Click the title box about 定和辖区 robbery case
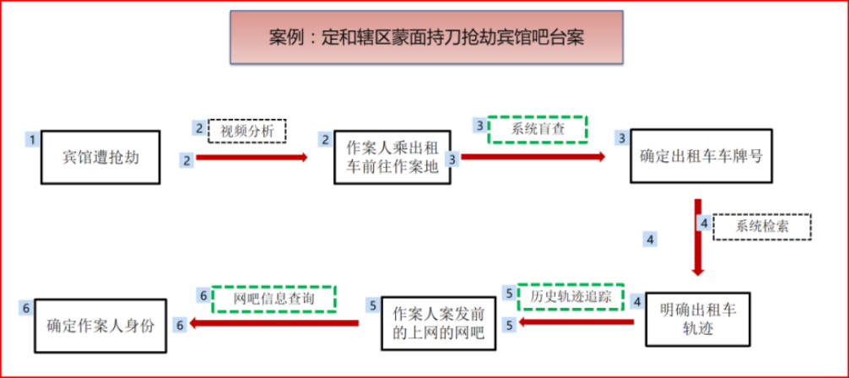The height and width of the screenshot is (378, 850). (426, 38)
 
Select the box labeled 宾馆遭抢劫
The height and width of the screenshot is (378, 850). (100, 157)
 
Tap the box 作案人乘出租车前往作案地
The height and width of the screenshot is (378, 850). (393, 157)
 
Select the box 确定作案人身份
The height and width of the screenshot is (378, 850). (100, 325)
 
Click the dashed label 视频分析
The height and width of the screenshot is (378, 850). (246, 130)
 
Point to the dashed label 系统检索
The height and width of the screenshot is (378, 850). (761, 226)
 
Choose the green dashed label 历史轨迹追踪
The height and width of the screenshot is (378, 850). (570, 297)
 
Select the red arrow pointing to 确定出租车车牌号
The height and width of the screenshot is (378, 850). (533, 157)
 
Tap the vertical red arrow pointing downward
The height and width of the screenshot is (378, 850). (698, 237)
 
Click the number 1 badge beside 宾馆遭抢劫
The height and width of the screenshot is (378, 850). (32, 139)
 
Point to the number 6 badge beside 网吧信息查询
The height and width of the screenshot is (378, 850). (203, 295)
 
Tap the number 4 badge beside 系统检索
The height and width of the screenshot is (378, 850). (703, 224)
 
